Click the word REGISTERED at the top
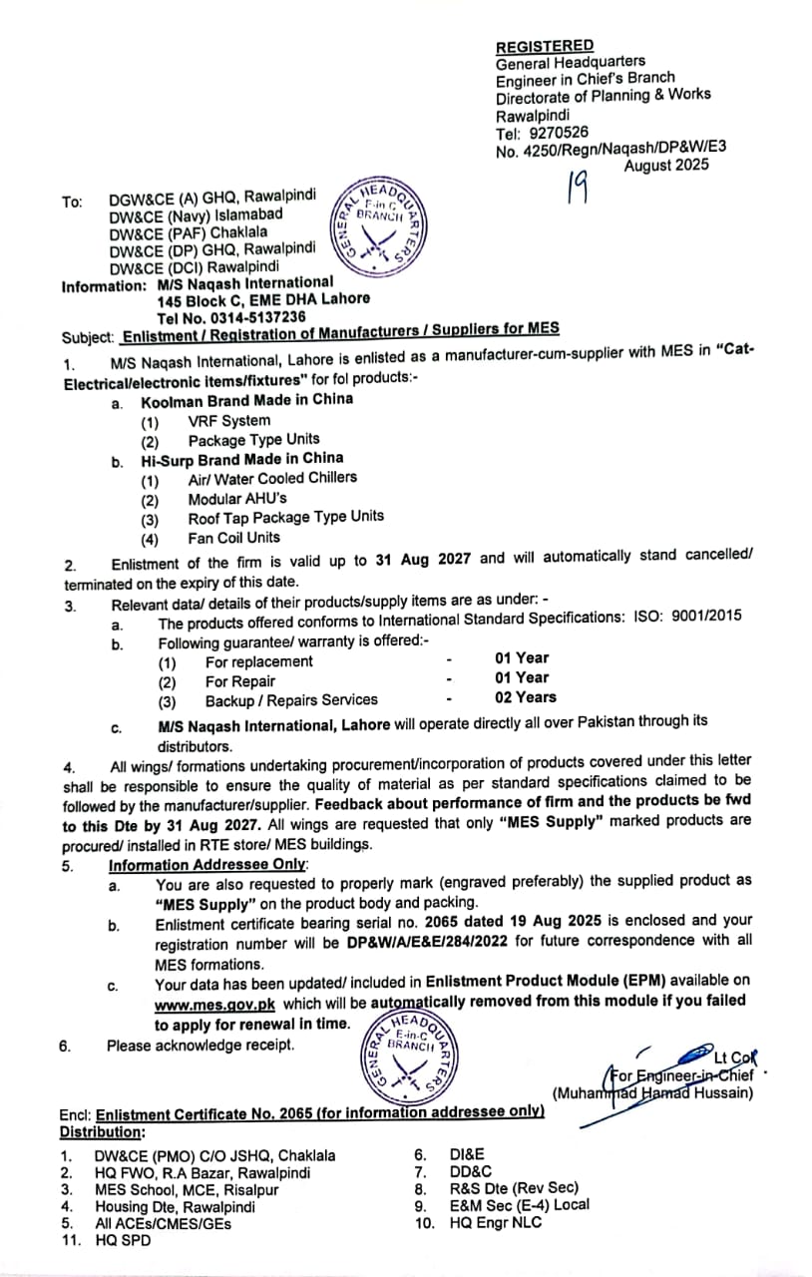[545, 46]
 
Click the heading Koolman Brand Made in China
[246, 400]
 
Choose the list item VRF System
[229, 420]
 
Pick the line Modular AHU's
[237, 498]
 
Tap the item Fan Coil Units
[234, 537]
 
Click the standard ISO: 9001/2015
[687, 617]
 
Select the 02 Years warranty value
[525, 697]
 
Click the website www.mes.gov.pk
[214, 1005]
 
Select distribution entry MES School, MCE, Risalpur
[187, 1189]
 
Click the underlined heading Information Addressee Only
[207, 865]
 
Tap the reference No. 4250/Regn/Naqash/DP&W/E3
[609, 149]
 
